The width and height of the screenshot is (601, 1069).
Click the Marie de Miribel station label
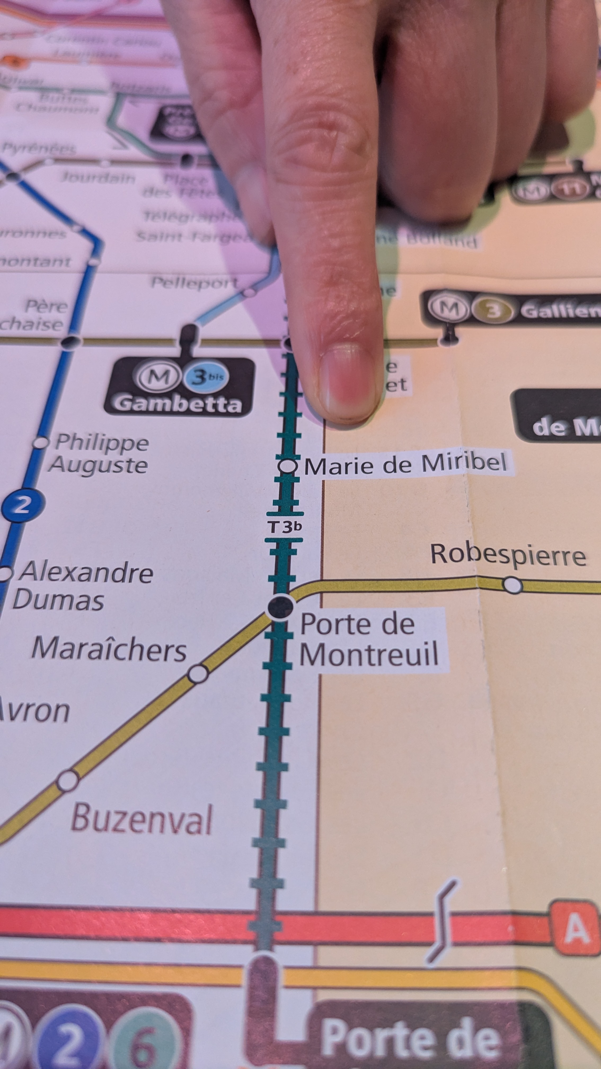point(406,464)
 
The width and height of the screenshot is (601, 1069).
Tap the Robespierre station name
point(508,554)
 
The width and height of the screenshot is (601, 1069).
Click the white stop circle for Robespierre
point(513,585)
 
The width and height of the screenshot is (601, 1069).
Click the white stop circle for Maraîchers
point(198,673)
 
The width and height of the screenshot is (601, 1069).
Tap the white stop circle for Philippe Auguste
point(41,443)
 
